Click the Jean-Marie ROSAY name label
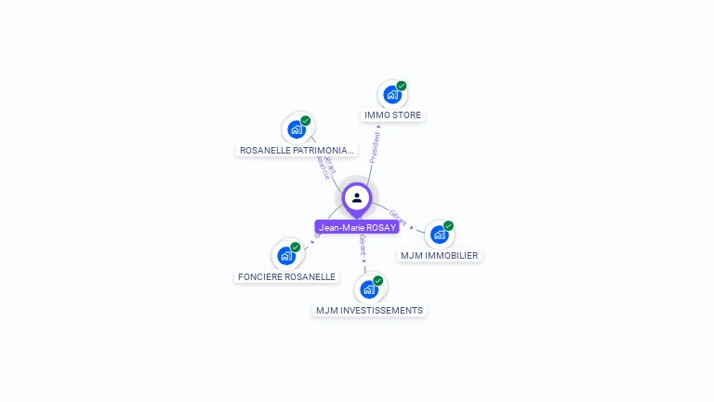point(357,227)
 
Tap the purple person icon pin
point(357,198)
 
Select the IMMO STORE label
point(392,115)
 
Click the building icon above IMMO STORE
point(392,95)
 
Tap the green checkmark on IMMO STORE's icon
point(402,86)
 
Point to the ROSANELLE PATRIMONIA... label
point(297,150)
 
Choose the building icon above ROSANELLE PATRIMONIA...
point(297,129)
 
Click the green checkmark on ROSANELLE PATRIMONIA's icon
point(306,120)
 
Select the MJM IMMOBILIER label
point(439,255)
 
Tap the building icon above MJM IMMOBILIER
point(439,234)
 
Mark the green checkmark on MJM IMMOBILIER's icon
point(448,225)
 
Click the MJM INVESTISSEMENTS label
point(369,310)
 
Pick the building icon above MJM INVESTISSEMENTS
point(369,289)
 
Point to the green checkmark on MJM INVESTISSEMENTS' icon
point(378,280)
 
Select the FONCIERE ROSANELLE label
point(286,276)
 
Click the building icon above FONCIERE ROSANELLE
point(286,255)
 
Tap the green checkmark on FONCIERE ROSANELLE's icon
point(296,247)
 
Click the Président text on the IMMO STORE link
point(376,148)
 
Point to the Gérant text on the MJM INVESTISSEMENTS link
point(363,247)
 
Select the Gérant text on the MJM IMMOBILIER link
point(398,219)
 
